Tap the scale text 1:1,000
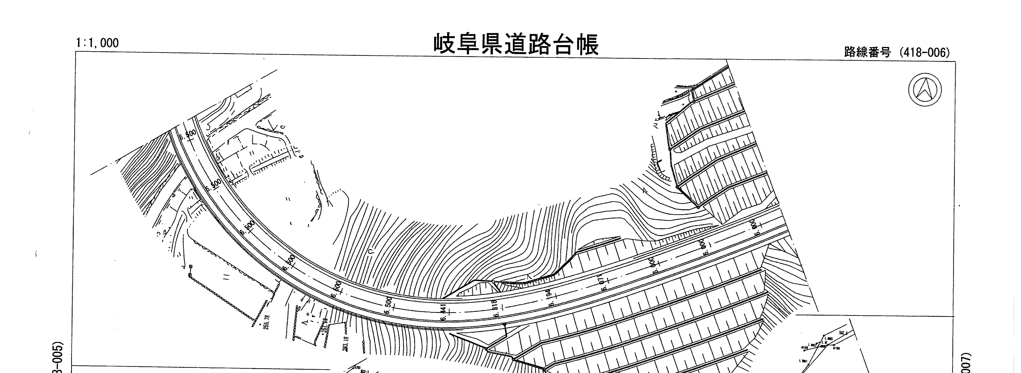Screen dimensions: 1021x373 97,43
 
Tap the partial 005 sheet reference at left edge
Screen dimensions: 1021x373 56,356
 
